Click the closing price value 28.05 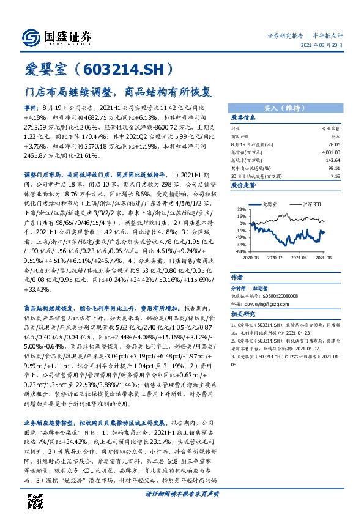tap(333, 144)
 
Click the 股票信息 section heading tap(243, 117)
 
